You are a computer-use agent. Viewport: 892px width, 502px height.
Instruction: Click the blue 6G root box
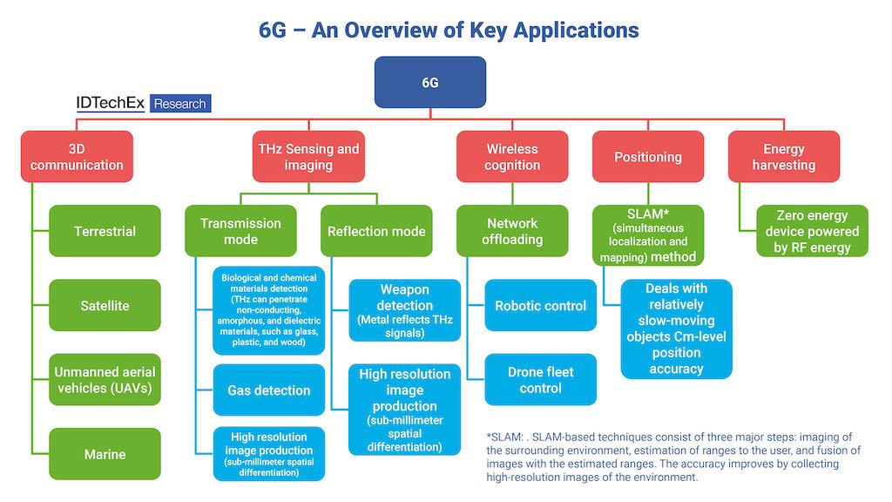pyautogui.click(x=429, y=83)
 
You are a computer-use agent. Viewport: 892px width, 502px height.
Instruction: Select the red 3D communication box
pyautogui.click(x=77, y=157)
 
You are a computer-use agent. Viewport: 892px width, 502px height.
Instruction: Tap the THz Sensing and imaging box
pyautogui.click(x=308, y=157)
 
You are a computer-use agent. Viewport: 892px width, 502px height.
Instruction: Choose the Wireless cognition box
pyautogui.click(x=512, y=157)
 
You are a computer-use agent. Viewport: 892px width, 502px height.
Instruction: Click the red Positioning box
pyautogui.click(x=648, y=157)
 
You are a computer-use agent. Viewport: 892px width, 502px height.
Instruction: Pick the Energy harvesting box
pyautogui.click(x=784, y=157)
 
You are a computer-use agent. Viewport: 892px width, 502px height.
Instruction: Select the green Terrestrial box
pyautogui.click(x=105, y=231)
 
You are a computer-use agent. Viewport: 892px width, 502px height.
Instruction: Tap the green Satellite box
pyautogui.click(x=105, y=306)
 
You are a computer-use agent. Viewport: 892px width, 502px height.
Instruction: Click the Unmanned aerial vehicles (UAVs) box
pyautogui.click(x=105, y=380)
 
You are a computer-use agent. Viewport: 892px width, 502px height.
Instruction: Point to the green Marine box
pyautogui.click(x=105, y=454)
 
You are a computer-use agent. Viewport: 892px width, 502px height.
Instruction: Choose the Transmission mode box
pyautogui.click(x=240, y=231)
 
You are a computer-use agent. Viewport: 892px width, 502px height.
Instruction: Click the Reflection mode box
pyautogui.click(x=376, y=231)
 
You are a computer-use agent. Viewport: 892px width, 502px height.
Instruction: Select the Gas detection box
pyautogui.click(x=269, y=390)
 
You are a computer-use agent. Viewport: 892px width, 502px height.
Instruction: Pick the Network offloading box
pyautogui.click(x=512, y=231)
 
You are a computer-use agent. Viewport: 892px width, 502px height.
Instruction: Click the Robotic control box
pyautogui.click(x=540, y=306)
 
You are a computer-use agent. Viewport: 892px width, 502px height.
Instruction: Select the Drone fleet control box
pyautogui.click(x=540, y=380)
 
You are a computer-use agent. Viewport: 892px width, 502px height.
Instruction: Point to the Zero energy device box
pyautogui.click(x=812, y=231)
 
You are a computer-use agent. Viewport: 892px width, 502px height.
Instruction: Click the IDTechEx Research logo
pyautogui.click(x=144, y=104)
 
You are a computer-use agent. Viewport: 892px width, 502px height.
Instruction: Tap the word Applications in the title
pyautogui.click(x=576, y=30)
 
